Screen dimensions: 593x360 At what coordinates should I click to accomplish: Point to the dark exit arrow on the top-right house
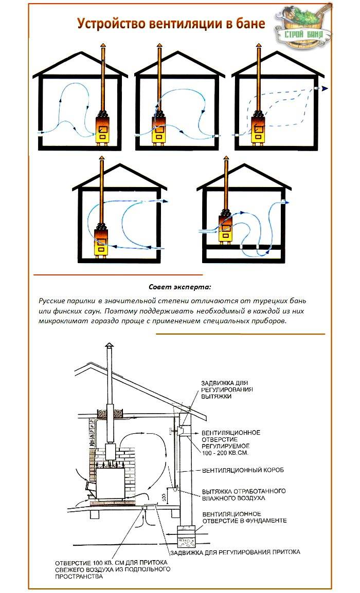(323, 88)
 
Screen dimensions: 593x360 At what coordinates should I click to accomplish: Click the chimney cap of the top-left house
(102, 46)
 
